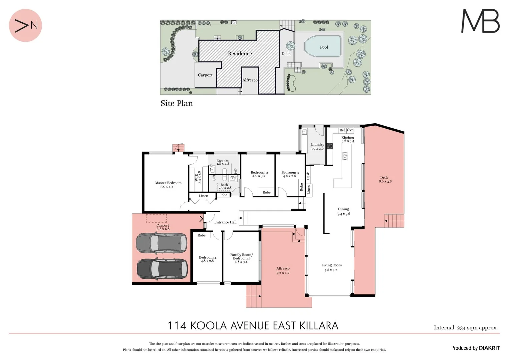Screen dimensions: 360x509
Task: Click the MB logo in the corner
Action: click(480, 21)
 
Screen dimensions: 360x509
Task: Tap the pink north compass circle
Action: click(25, 25)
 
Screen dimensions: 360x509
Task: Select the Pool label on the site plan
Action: click(324, 47)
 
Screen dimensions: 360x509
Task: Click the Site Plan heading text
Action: click(177, 103)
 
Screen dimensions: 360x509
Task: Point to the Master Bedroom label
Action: click(168, 185)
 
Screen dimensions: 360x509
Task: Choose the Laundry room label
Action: click(317, 146)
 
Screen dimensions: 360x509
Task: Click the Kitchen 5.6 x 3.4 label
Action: click(348, 139)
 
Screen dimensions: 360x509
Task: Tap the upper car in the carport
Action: click(161, 243)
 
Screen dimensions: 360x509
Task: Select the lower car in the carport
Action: click(162, 268)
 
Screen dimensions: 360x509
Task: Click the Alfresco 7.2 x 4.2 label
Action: click(283, 270)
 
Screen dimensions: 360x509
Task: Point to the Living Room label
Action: click(331, 267)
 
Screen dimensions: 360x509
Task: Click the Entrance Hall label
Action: click(225, 222)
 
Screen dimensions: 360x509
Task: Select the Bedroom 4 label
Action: click(207, 259)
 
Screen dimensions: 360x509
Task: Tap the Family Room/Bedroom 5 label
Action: click(241, 258)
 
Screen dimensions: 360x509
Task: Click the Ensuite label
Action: click(223, 162)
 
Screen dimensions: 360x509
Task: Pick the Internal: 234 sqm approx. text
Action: click(466, 328)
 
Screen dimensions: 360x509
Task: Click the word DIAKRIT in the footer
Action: click(489, 348)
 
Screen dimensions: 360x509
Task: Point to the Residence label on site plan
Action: click(240, 53)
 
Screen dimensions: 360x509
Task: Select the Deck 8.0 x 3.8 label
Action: click(385, 179)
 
